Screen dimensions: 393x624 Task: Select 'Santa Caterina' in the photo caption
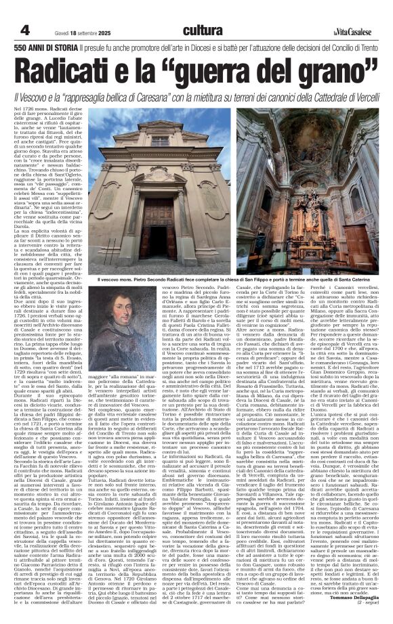point(353,279)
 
